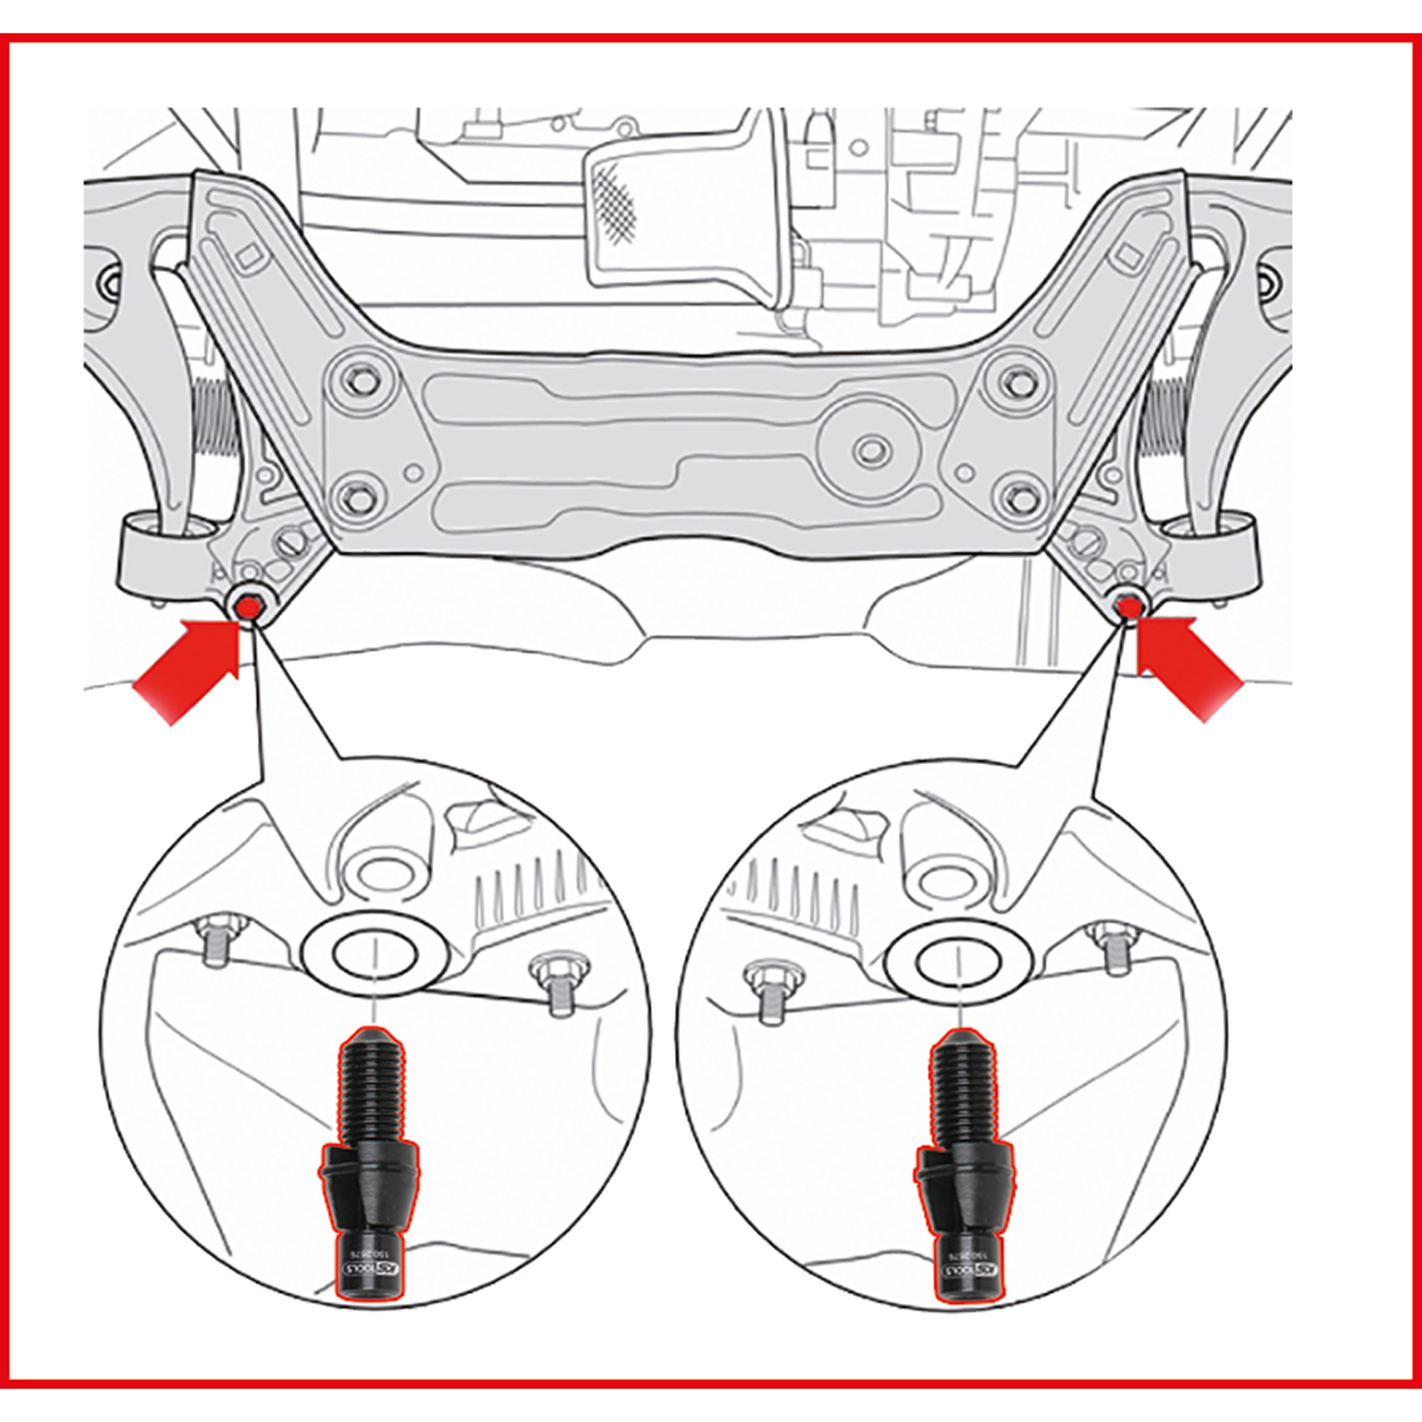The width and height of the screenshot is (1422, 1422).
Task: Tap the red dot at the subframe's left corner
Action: (x=248, y=608)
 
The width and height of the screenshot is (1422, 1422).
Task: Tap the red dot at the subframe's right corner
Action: (x=1129, y=608)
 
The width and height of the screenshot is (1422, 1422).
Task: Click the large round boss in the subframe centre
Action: (x=869, y=449)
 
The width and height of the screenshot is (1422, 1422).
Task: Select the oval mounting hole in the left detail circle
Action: (x=375, y=957)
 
